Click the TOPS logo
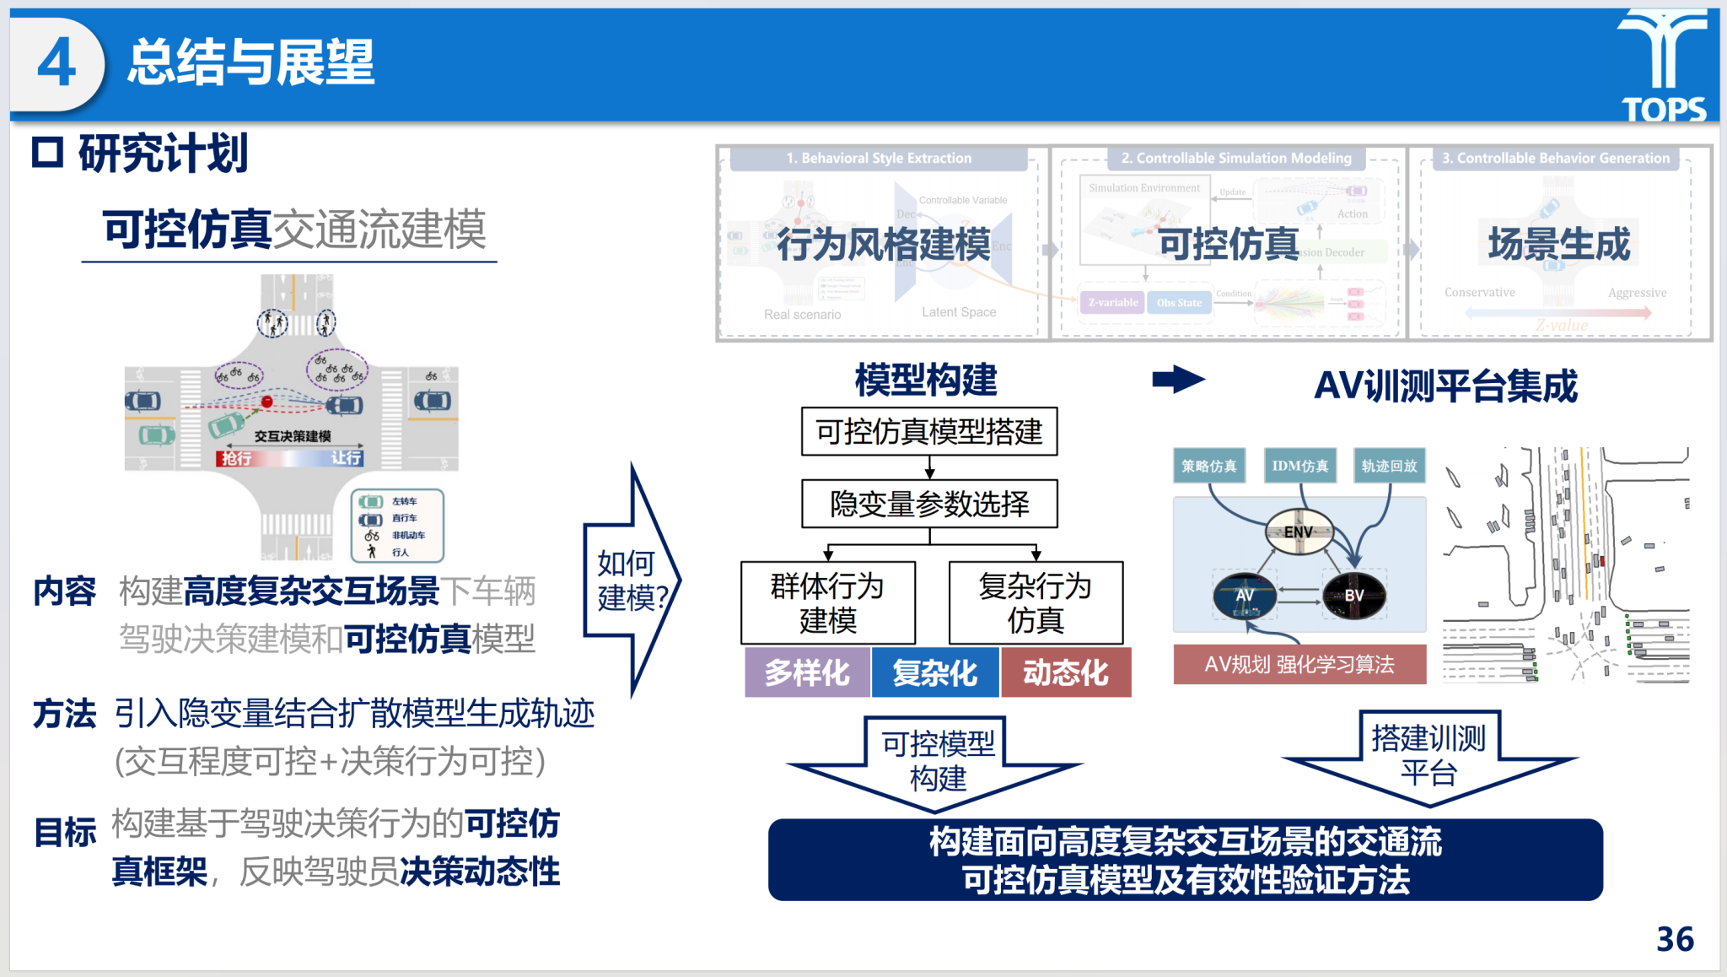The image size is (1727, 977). pos(1664,66)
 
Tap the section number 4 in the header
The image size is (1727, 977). pos(56,64)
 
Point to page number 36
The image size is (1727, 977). pos(1675,939)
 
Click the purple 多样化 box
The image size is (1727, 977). pos(807,672)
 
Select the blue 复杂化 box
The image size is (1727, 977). pos(935,672)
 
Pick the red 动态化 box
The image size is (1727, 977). pos(1065,672)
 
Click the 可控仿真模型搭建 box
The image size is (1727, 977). pos(929,432)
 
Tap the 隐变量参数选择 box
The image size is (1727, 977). pos(929,504)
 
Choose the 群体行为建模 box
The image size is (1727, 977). pos(827,602)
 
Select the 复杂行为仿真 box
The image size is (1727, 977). pos(1036,602)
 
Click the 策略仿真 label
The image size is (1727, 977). pos(1208,466)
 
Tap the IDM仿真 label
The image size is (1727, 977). pos(1299,466)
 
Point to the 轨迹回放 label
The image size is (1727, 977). pos(1389,466)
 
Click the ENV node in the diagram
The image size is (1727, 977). pos(1299,532)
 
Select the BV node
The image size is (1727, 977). pos(1353,596)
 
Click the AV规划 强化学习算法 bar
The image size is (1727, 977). pos(1299,664)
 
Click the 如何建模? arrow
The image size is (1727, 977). pos(629,580)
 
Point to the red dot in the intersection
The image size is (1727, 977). pos(267,402)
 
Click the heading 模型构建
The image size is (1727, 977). pos(926,381)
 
